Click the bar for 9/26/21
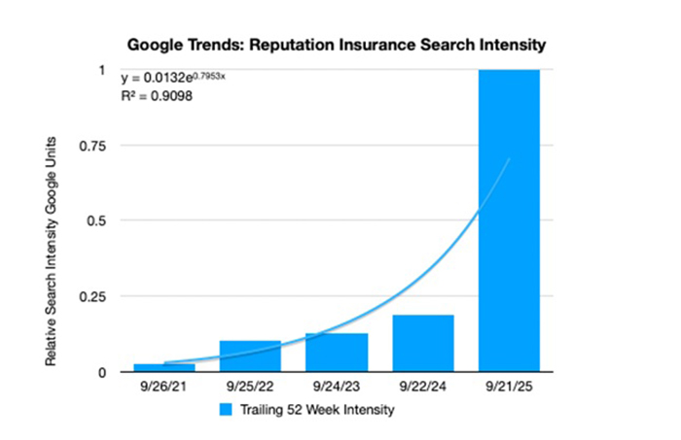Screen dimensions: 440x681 point(163,367)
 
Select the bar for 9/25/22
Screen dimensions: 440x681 point(250,356)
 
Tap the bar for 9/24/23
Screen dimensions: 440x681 point(337,353)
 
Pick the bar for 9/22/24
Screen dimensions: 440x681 point(423,344)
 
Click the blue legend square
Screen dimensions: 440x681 point(226,411)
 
